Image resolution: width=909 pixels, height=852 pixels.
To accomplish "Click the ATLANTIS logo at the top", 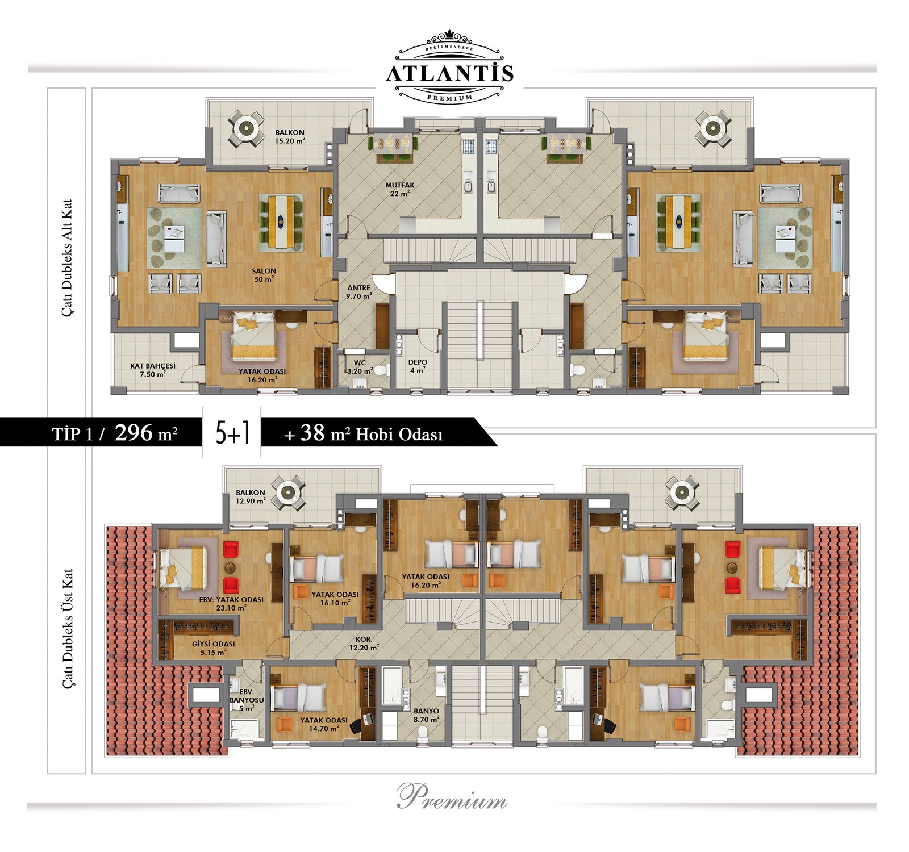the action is [450, 67].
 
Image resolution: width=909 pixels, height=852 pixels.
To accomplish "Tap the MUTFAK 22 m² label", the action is [400, 189].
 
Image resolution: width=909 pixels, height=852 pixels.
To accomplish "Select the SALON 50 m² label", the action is [264, 275].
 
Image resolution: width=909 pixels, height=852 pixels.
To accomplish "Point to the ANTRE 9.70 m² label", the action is [359, 292].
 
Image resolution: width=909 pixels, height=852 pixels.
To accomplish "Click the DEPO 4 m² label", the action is [418, 366].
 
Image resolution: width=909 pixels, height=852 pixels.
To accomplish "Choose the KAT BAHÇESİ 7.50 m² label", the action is [153, 370].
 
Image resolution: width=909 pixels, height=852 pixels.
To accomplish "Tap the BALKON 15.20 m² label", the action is [290, 136].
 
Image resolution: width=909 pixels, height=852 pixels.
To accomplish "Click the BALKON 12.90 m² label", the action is [251, 496].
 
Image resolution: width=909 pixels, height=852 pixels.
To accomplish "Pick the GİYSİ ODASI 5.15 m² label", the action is [213, 648].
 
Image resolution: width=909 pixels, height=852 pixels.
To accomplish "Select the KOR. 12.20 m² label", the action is [364, 643].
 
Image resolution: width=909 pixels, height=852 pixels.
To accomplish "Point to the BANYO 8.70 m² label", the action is [426, 715].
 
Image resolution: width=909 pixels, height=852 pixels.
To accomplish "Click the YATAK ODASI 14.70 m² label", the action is [324, 724].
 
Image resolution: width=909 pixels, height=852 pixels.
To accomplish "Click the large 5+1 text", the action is [232, 433].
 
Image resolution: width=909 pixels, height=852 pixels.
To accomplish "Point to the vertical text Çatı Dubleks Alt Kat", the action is [68, 257].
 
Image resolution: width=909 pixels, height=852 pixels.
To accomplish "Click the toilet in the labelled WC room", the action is [381, 370].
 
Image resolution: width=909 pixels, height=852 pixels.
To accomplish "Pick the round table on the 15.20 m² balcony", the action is [246, 128].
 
